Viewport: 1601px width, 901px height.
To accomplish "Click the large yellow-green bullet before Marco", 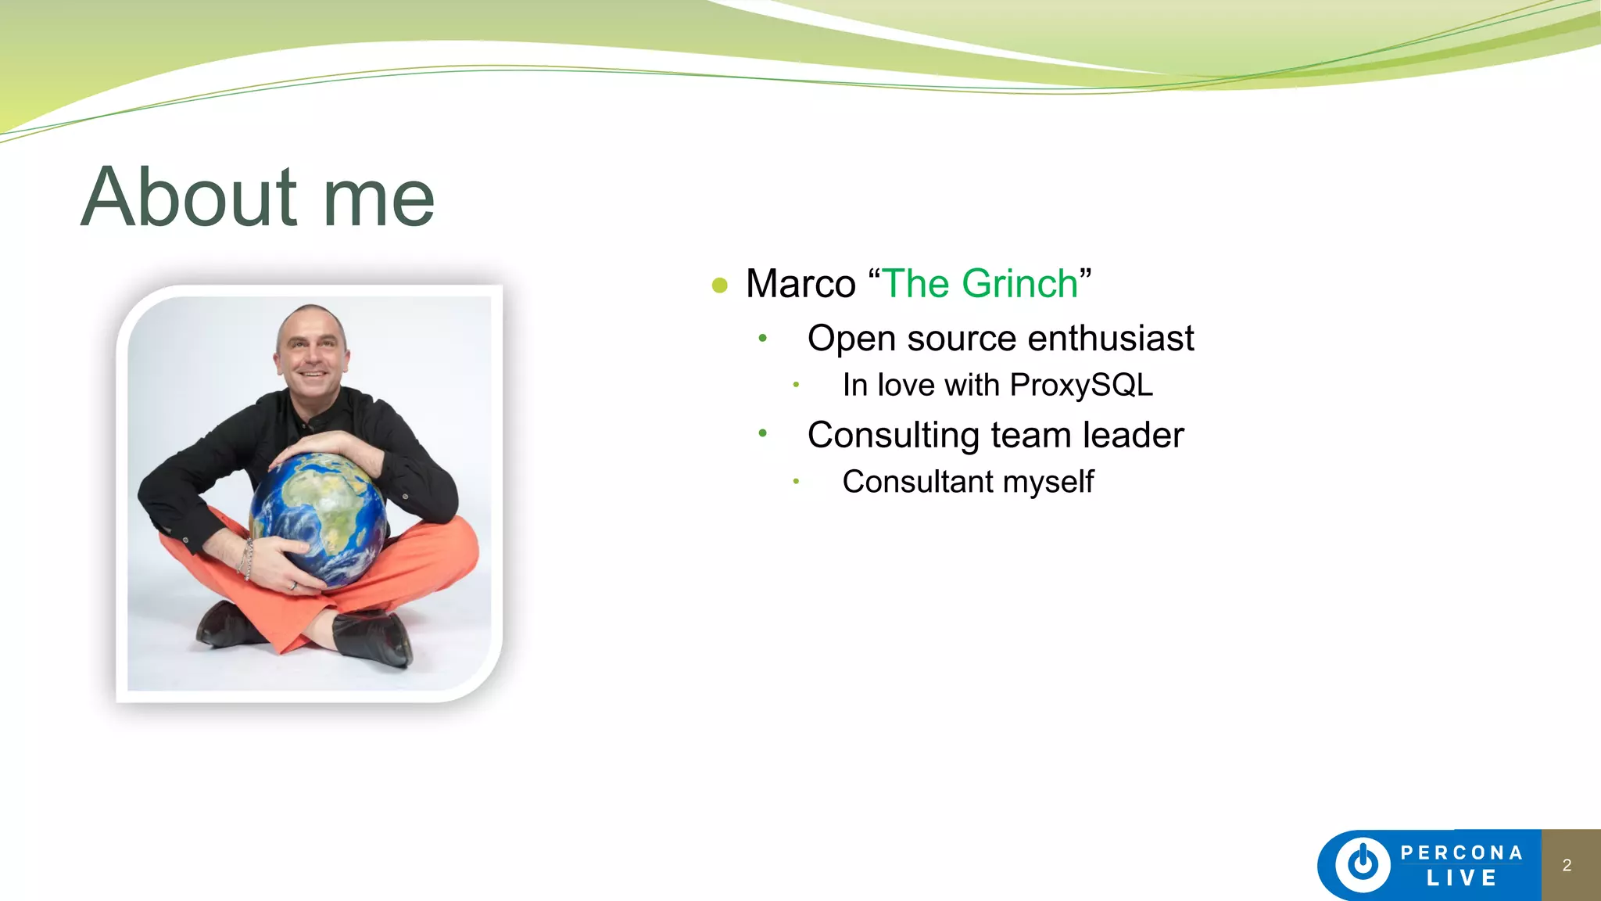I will point(720,285).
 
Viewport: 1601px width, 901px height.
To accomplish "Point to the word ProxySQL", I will point(1080,385).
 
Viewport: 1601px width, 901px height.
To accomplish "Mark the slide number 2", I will point(1567,865).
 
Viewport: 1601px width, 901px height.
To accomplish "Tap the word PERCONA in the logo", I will point(1462,853).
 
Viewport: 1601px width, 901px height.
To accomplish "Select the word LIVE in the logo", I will point(1462,878).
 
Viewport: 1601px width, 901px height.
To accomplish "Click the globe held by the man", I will point(319,516).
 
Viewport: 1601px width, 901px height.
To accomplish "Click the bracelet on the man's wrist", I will point(247,557).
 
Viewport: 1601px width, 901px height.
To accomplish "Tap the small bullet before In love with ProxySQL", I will point(796,385).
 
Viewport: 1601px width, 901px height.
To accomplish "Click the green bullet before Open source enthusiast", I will point(762,339).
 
